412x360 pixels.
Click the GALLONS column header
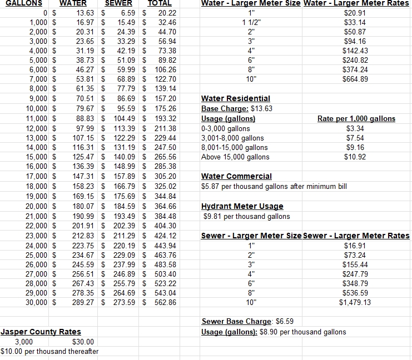click(x=20, y=3)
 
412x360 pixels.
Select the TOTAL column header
click(x=160, y=3)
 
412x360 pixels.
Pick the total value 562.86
click(x=165, y=302)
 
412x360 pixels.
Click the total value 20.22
click(x=167, y=12)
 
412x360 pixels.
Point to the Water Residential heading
click(x=235, y=98)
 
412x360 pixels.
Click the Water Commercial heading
click(x=236, y=176)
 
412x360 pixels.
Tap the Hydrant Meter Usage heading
click(x=242, y=206)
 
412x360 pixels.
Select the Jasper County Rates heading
click(x=41, y=332)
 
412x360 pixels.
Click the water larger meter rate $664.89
click(x=355, y=79)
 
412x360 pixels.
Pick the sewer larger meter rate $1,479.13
click(x=355, y=302)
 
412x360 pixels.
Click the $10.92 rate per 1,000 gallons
click(x=355, y=157)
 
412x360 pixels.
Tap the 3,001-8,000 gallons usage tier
click(x=232, y=138)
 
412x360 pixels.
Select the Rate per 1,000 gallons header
click(x=356, y=118)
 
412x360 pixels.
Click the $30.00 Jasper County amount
click(x=83, y=342)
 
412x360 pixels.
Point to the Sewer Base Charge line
click(x=246, y=321)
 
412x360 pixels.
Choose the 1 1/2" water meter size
click(x=251, y=22)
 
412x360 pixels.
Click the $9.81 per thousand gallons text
click(x=246, y=216)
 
